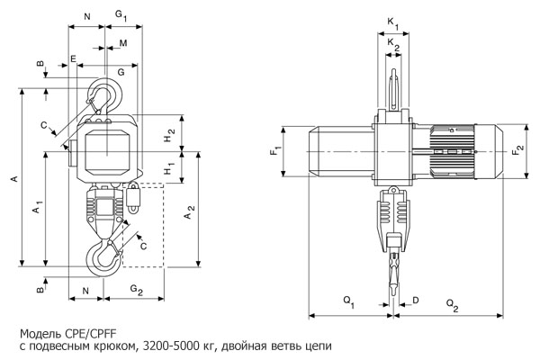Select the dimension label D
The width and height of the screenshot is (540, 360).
point(415,298)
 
